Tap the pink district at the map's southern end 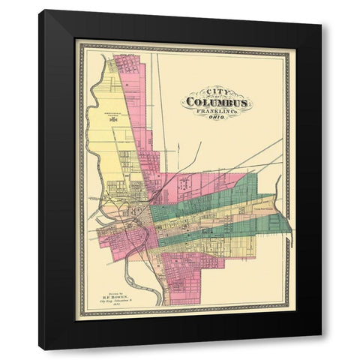(x=187, y=277)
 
